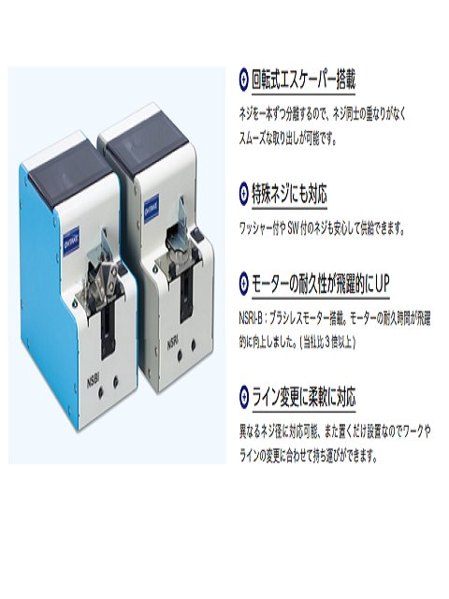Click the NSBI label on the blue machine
coord(94,382)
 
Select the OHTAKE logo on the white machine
coord(152,207)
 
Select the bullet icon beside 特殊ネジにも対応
coord(243,194)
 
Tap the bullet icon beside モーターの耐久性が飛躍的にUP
coord(243,283)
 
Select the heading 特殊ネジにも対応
coord(289,194)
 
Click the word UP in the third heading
coord(381,284)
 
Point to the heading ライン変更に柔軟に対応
coord(303,397)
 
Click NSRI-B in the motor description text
coord(251,318)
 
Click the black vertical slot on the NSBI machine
coord(108,330)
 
